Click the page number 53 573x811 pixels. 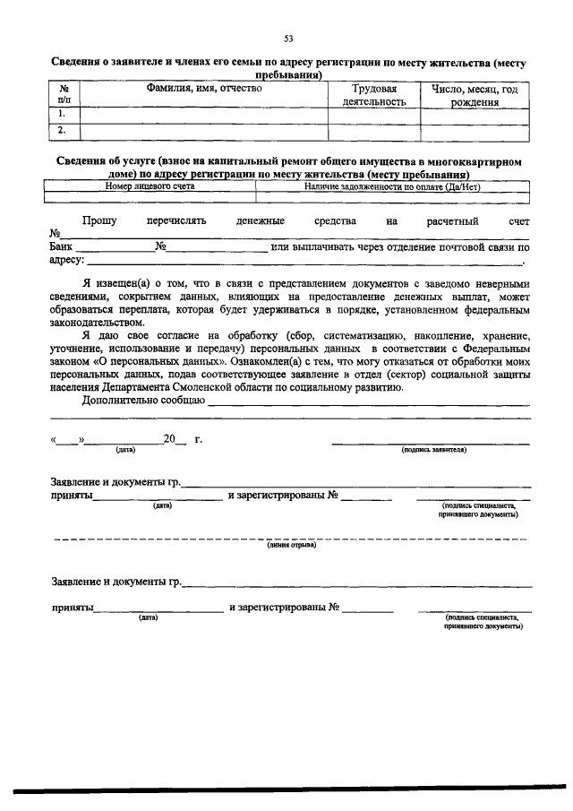coord(288,38)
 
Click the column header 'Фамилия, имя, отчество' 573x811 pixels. coord(204,90)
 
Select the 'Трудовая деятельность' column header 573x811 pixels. coord(374,96)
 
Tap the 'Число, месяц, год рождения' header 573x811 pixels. coord(475,96)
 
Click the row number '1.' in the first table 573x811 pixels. coord(63,115)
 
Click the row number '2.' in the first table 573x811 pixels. coord(63,131)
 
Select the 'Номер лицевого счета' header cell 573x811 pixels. coord(150,186)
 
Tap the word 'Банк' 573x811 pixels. coord(62,246)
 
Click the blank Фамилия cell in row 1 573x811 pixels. coord(204,115)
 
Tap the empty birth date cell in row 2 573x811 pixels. coord(475,131)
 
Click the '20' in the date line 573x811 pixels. coord(169,439)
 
